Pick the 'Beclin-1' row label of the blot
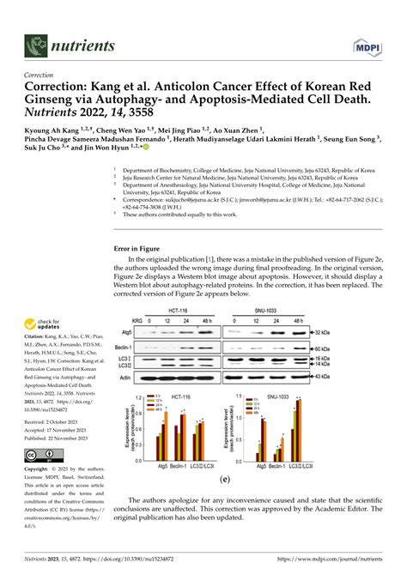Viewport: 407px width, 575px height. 127,349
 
